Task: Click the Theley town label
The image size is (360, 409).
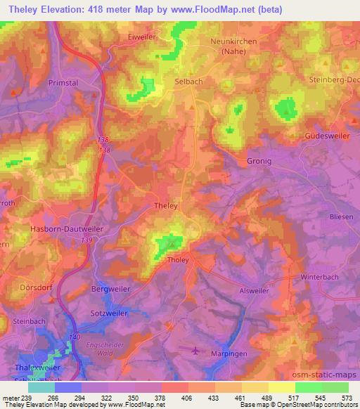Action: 166,206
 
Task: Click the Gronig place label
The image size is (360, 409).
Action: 259,161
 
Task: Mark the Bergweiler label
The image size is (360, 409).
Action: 110,289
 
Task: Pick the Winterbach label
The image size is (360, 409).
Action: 320,277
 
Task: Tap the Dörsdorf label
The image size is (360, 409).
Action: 30,288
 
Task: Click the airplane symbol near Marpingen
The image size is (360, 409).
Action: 195,349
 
